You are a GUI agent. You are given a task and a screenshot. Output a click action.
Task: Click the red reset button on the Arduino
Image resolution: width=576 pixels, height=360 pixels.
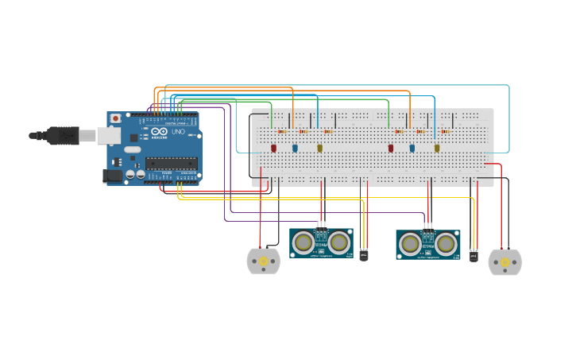(116, 118)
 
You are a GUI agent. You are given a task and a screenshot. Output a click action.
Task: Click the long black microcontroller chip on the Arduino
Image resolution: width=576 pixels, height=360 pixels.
(170, 164)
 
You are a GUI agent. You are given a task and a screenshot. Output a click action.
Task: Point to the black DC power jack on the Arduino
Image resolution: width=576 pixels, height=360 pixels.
(113, 176)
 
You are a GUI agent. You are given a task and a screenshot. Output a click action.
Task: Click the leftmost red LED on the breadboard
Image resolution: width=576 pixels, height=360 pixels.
(274, 148)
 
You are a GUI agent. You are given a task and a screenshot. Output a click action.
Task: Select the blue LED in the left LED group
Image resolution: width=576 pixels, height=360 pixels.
(295, 148)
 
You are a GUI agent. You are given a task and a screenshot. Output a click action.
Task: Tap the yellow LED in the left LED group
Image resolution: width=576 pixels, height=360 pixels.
(320, 148)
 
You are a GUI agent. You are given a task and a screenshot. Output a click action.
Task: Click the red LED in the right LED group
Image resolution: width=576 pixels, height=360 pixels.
(391, 148)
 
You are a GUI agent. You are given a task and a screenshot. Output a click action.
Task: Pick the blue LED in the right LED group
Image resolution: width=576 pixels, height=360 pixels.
(412, 148)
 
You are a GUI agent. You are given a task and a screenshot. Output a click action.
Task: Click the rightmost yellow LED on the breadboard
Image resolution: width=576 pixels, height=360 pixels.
(437, 148)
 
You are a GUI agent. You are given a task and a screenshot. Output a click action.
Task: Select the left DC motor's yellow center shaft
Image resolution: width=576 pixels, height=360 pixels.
(263, 261)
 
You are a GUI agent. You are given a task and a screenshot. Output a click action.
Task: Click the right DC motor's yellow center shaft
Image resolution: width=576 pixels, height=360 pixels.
(504, 262)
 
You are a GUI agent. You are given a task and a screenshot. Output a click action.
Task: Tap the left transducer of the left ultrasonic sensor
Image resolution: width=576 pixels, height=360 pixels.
(303, 242)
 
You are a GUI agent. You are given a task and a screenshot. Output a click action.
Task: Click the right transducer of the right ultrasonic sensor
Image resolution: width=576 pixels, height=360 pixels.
(446, 243)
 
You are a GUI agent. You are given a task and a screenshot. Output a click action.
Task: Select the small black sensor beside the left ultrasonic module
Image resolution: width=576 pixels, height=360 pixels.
(365, 254)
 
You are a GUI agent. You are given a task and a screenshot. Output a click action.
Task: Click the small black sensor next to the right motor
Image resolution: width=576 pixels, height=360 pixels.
(474, 256)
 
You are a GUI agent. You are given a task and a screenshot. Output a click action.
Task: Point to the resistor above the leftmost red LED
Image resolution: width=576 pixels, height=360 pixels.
(282, 132)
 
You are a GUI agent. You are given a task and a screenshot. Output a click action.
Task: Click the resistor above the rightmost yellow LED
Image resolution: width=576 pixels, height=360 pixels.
(445, 132)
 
